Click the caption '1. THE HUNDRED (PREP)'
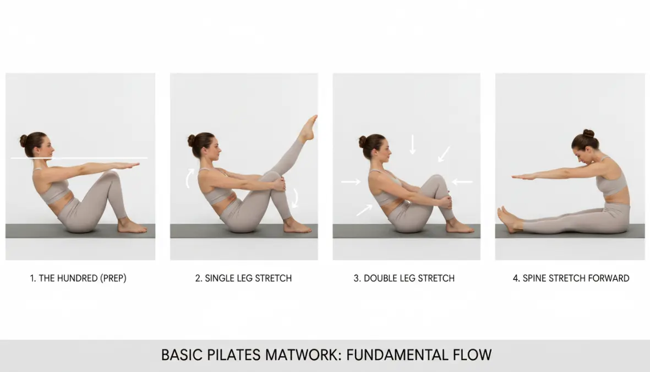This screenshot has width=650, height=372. coord(78,278)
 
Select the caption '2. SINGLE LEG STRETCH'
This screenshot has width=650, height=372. coord(243,278)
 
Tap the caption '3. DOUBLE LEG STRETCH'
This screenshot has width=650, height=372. coord(404,278)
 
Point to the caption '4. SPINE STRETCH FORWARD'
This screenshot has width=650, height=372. coord(571,278)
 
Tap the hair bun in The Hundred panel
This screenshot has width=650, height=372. coord(24,141)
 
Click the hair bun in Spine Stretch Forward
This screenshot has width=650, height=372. coord(588,133)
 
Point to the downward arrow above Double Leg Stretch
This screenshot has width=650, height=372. coord(412,144)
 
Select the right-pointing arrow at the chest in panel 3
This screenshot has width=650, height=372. coord(350,181)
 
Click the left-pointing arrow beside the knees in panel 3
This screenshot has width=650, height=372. coord(462,181)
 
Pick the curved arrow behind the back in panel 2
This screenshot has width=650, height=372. coord(189,179)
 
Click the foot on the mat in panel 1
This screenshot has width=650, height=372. coord(132,226)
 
